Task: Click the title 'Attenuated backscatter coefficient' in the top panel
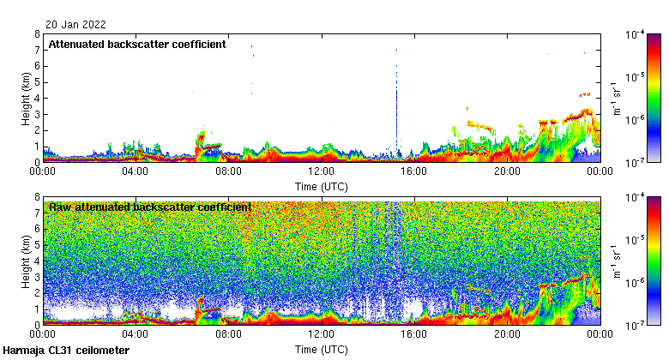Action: (137, 44)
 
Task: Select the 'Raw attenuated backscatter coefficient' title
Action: (150, 207)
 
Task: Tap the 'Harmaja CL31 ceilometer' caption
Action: (67, 351)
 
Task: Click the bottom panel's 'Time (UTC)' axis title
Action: (322, 350)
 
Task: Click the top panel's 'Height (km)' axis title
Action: (27, 98)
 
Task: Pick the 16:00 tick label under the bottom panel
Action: (414, 335)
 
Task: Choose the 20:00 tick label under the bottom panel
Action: (507, 335)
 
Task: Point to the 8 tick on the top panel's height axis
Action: (36, 34)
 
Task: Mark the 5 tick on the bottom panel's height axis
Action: (36, 245)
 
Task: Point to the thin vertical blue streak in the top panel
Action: (396, 111)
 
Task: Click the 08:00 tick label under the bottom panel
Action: (229, 335)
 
